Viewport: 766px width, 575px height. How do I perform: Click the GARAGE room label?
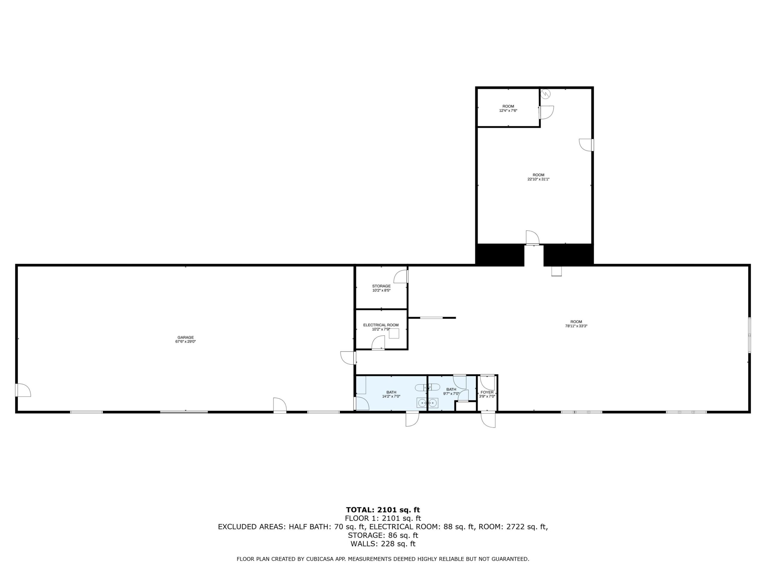pos(185,337)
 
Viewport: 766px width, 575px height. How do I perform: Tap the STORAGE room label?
pos(381,286)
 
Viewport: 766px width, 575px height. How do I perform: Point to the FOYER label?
pos(487,392)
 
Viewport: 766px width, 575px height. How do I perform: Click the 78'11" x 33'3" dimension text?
pos(576,326)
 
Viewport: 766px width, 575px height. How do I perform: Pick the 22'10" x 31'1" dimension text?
pos(539,179)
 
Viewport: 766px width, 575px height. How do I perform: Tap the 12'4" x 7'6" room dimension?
pos(508,111)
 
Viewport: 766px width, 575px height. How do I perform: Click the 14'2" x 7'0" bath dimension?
pos(391,396)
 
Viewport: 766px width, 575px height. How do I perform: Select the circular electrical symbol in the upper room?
pos(546,93)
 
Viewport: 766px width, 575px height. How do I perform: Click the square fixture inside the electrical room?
pos(394,333)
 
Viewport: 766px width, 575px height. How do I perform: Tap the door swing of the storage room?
pos(401,277)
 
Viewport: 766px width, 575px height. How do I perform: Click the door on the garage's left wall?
pos(24,390)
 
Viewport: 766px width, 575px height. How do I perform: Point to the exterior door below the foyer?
pos(488,419)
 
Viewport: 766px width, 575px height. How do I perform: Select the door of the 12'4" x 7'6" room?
pos(546,112)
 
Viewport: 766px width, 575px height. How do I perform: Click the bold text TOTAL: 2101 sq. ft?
pos(383,509)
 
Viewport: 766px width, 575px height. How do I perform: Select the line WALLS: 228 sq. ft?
pos(383,544)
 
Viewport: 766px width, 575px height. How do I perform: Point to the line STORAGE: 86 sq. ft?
pos(383,535)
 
